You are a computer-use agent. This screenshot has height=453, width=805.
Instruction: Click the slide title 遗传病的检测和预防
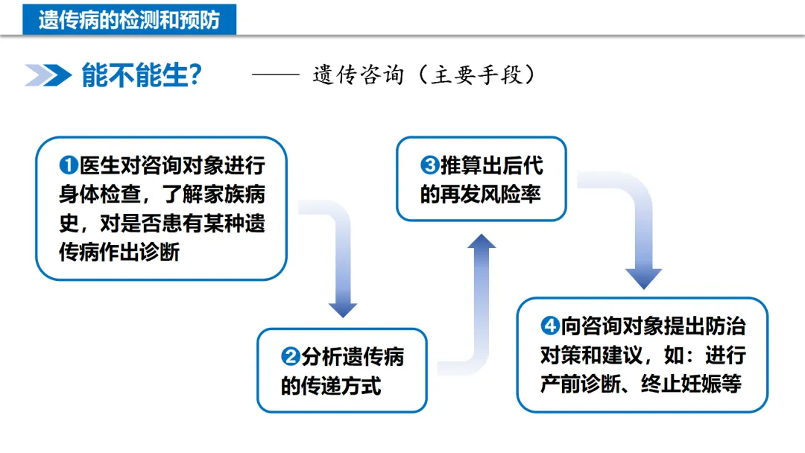(x=129, y=19)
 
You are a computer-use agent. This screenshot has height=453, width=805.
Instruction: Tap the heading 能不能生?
(x=141, y=75)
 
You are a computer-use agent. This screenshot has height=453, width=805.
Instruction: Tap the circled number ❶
(x=69, y=165)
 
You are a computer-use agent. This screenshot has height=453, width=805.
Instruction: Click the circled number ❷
(x=290, y=358)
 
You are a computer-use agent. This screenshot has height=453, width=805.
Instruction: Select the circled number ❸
(x=429, y=165)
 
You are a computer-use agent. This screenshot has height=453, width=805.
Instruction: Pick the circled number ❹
(x=549, y=326)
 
